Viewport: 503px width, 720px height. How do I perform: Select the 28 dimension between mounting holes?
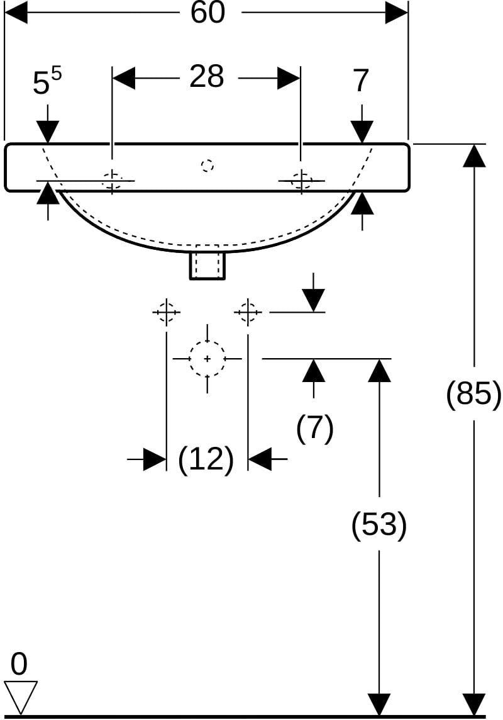click(x=207, y=77)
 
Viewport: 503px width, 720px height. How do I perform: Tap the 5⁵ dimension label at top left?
click(x=47, y=82)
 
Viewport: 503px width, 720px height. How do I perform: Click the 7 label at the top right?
click(x=362, y=81)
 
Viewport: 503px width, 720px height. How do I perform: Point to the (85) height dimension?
click(x=473, y=393)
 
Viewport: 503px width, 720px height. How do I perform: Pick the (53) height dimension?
click(x=379, y=524)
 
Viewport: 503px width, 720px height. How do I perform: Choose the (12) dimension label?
click(x=206, y=459)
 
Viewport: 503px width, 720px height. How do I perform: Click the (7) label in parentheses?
click(x=314, y=428)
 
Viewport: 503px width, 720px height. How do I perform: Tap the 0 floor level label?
click(x=19, y=664)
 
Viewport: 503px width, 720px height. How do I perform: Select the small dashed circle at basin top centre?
click(x=207, y=165)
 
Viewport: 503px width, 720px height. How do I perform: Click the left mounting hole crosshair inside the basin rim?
click(x=112, y=179)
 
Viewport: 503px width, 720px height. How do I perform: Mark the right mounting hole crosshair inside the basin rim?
click(x=301, y=181)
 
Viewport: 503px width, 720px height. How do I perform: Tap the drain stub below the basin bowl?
click(x=207, y=265)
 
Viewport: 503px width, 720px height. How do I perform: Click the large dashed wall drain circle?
click(x=207, y=359)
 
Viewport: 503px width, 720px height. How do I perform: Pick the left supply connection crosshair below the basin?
click(x=166, y=312)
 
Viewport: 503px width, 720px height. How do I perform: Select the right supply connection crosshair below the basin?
click(x=248, y=312)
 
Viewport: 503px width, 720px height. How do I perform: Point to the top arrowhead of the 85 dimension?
click(x=473, y=155)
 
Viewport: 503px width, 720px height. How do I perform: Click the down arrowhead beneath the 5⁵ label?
click(x=48, y=132)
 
